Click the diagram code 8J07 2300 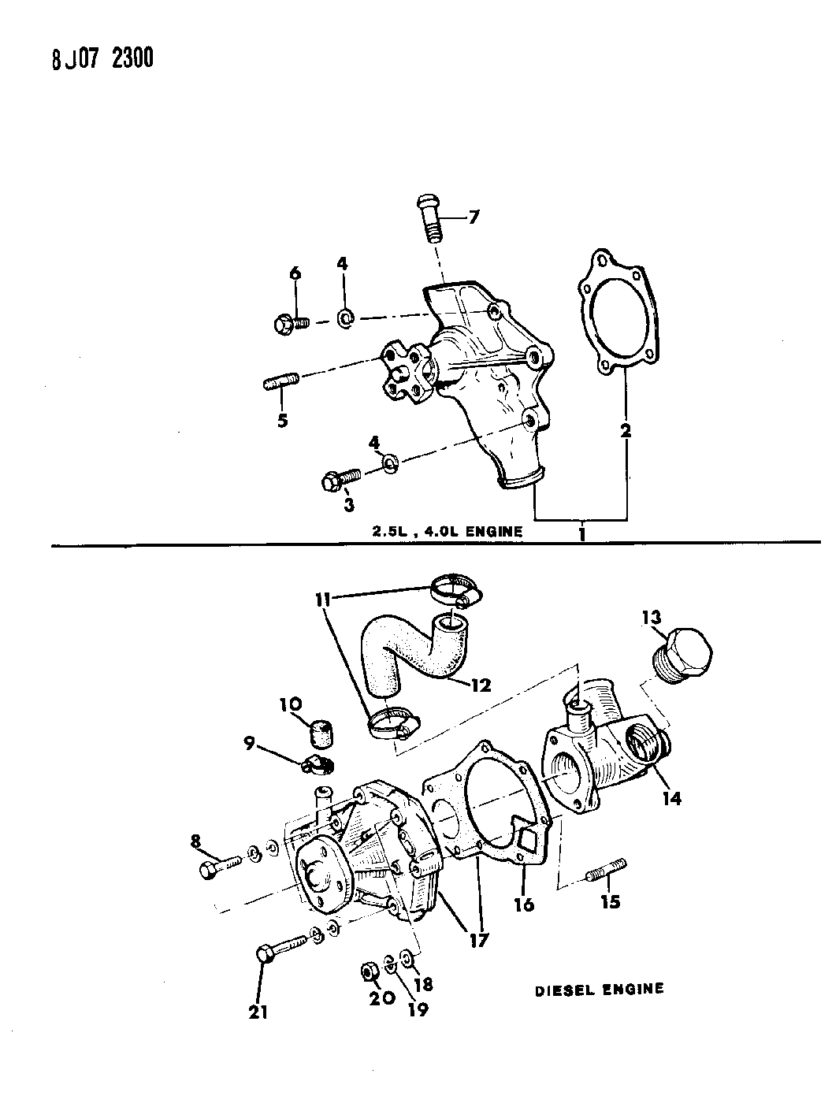pyautogui.click(x=102, y=60)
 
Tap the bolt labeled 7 pyautogui.click(x=429, y=218)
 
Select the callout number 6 pyautogui.click(x=295, y=273)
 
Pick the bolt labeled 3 pyautogui.click(x=341, y=477)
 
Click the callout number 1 pyautogui.click(x=582, y=534)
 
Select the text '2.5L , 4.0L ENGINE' pyautogui.click(x=448, y=531)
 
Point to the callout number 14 pyautogui.click(x=672, y=797)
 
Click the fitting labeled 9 pyautogui.click(x=318, y=763)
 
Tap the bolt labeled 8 pyautogui.click(x=221, y=869)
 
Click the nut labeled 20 pyautogui.click(x=366, y=971)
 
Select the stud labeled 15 pyautogui.click(x=606, y=871)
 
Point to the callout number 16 pyautogui.click(x=524, y=904)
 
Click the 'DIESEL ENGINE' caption pyautogui.click(x=600, y=989)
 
